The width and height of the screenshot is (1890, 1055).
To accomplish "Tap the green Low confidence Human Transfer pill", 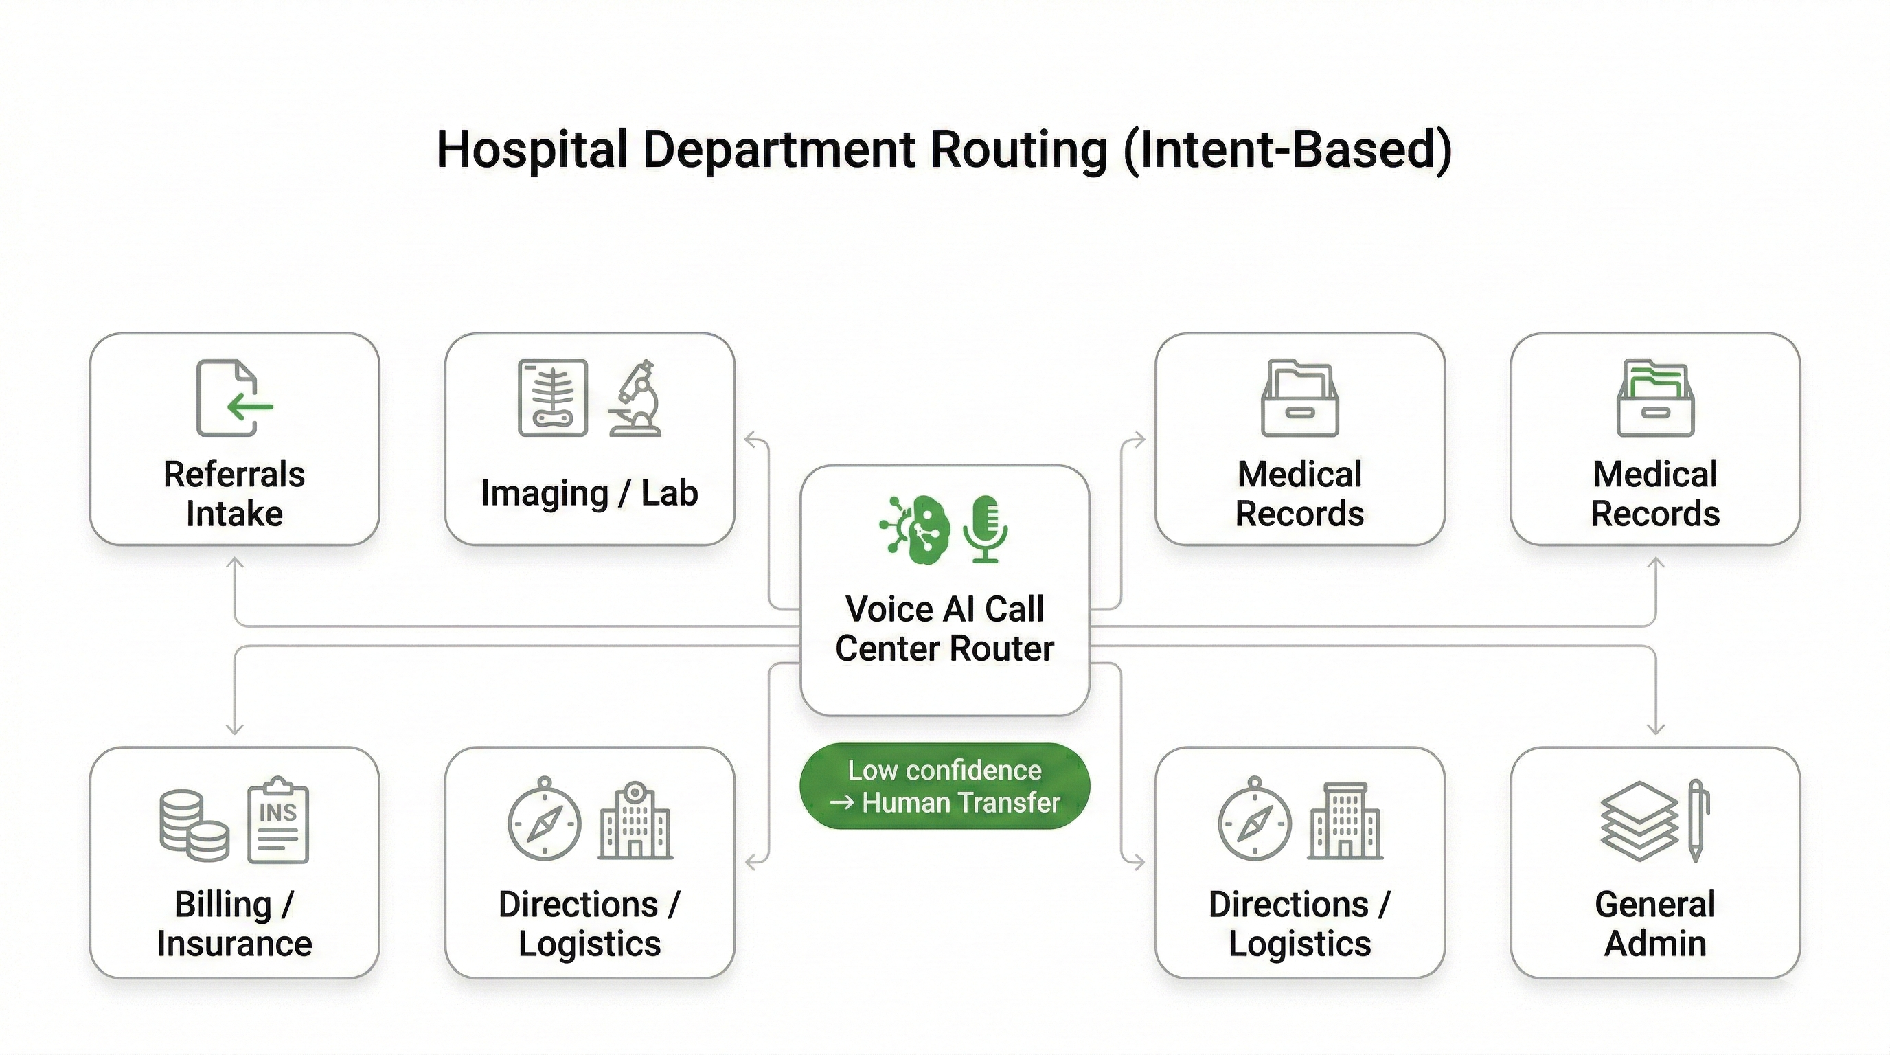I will [944, 786].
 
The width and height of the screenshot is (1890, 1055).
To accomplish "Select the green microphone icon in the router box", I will [985, 529].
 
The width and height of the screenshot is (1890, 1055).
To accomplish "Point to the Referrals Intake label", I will [234, 494].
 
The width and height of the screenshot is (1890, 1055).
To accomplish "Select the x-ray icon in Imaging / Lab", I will [552, 398].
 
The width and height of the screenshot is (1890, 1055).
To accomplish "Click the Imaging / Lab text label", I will [589, 493].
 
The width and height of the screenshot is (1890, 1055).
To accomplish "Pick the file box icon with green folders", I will [1655, 398].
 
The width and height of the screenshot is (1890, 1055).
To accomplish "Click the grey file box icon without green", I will [1299, 398].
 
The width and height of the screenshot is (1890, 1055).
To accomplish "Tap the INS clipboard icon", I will [278, 820].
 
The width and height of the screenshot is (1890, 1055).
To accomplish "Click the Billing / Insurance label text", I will [234, 924].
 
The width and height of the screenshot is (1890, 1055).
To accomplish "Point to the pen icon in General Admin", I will [1696, 820].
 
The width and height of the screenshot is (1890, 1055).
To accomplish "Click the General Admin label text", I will [1655, 924].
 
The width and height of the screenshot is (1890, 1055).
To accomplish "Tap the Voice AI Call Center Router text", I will [944, 628].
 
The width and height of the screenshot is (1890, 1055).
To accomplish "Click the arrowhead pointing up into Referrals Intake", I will [235, 562].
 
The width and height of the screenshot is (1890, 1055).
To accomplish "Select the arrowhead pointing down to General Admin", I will [1656, 729].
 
